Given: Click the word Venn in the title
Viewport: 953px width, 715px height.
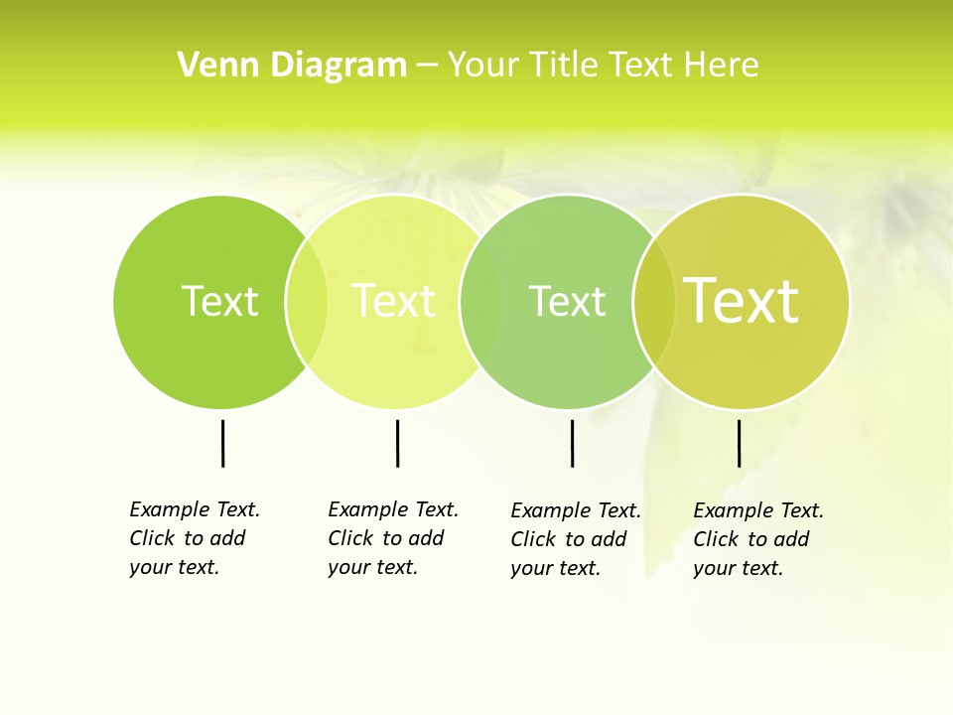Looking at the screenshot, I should click(214, 65).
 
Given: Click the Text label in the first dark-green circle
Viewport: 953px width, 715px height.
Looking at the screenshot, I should click(219, 301).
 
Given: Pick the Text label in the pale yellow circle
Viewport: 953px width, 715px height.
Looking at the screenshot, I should click(394, 301).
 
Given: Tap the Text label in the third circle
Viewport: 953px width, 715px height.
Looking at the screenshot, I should click(567, 301).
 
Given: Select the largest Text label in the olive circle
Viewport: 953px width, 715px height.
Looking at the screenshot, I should click(742, 300).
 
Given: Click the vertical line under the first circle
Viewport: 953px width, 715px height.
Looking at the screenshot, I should click(222, 443).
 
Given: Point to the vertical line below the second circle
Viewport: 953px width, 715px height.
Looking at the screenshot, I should click(397, 443).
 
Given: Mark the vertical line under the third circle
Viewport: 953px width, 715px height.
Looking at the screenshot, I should click(572, 443).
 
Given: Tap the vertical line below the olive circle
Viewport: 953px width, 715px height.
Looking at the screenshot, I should click(739, 443).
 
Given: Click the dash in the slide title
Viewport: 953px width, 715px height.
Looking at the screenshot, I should click(427, 65).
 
